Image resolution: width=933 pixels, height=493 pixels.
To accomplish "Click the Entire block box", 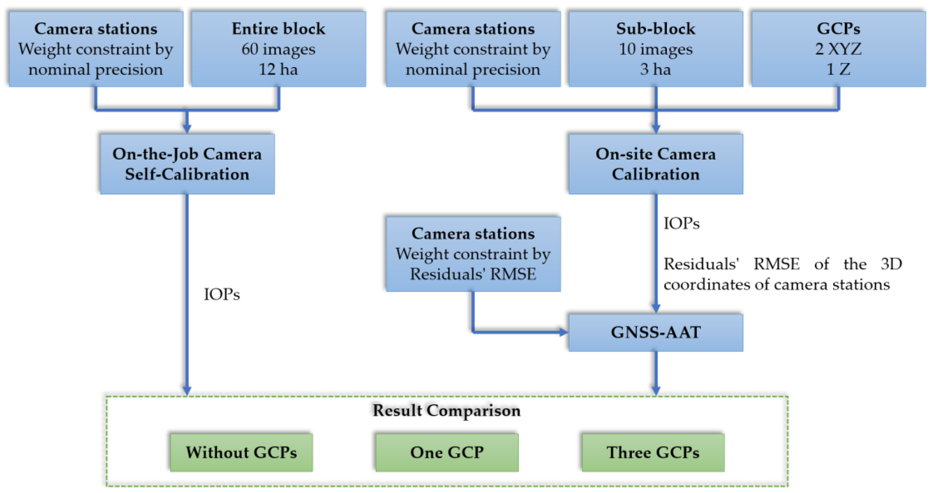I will (278, 49).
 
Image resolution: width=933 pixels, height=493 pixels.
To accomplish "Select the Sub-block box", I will (655, 49).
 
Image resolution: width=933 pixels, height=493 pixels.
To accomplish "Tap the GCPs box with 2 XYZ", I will (838, 49).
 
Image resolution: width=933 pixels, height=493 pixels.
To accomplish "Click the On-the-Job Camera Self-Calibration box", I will (187, 164).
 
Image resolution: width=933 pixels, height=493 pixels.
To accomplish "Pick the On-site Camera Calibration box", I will (655, 164).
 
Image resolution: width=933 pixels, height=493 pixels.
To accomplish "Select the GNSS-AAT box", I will (655, 332).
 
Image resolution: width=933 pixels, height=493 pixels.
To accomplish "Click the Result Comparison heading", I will (447, 410).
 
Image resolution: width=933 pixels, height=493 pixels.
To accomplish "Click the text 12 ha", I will (278, 69).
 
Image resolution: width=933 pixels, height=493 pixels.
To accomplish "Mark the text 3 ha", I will (655, 69).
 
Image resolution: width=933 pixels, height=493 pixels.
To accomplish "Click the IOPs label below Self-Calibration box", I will (222, 294).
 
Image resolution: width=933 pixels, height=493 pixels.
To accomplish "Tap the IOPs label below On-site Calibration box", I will (681, 223).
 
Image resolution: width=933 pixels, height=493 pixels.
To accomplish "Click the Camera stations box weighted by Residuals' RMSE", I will (473, 254).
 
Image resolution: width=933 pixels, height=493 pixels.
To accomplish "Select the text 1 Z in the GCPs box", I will (838, 69).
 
